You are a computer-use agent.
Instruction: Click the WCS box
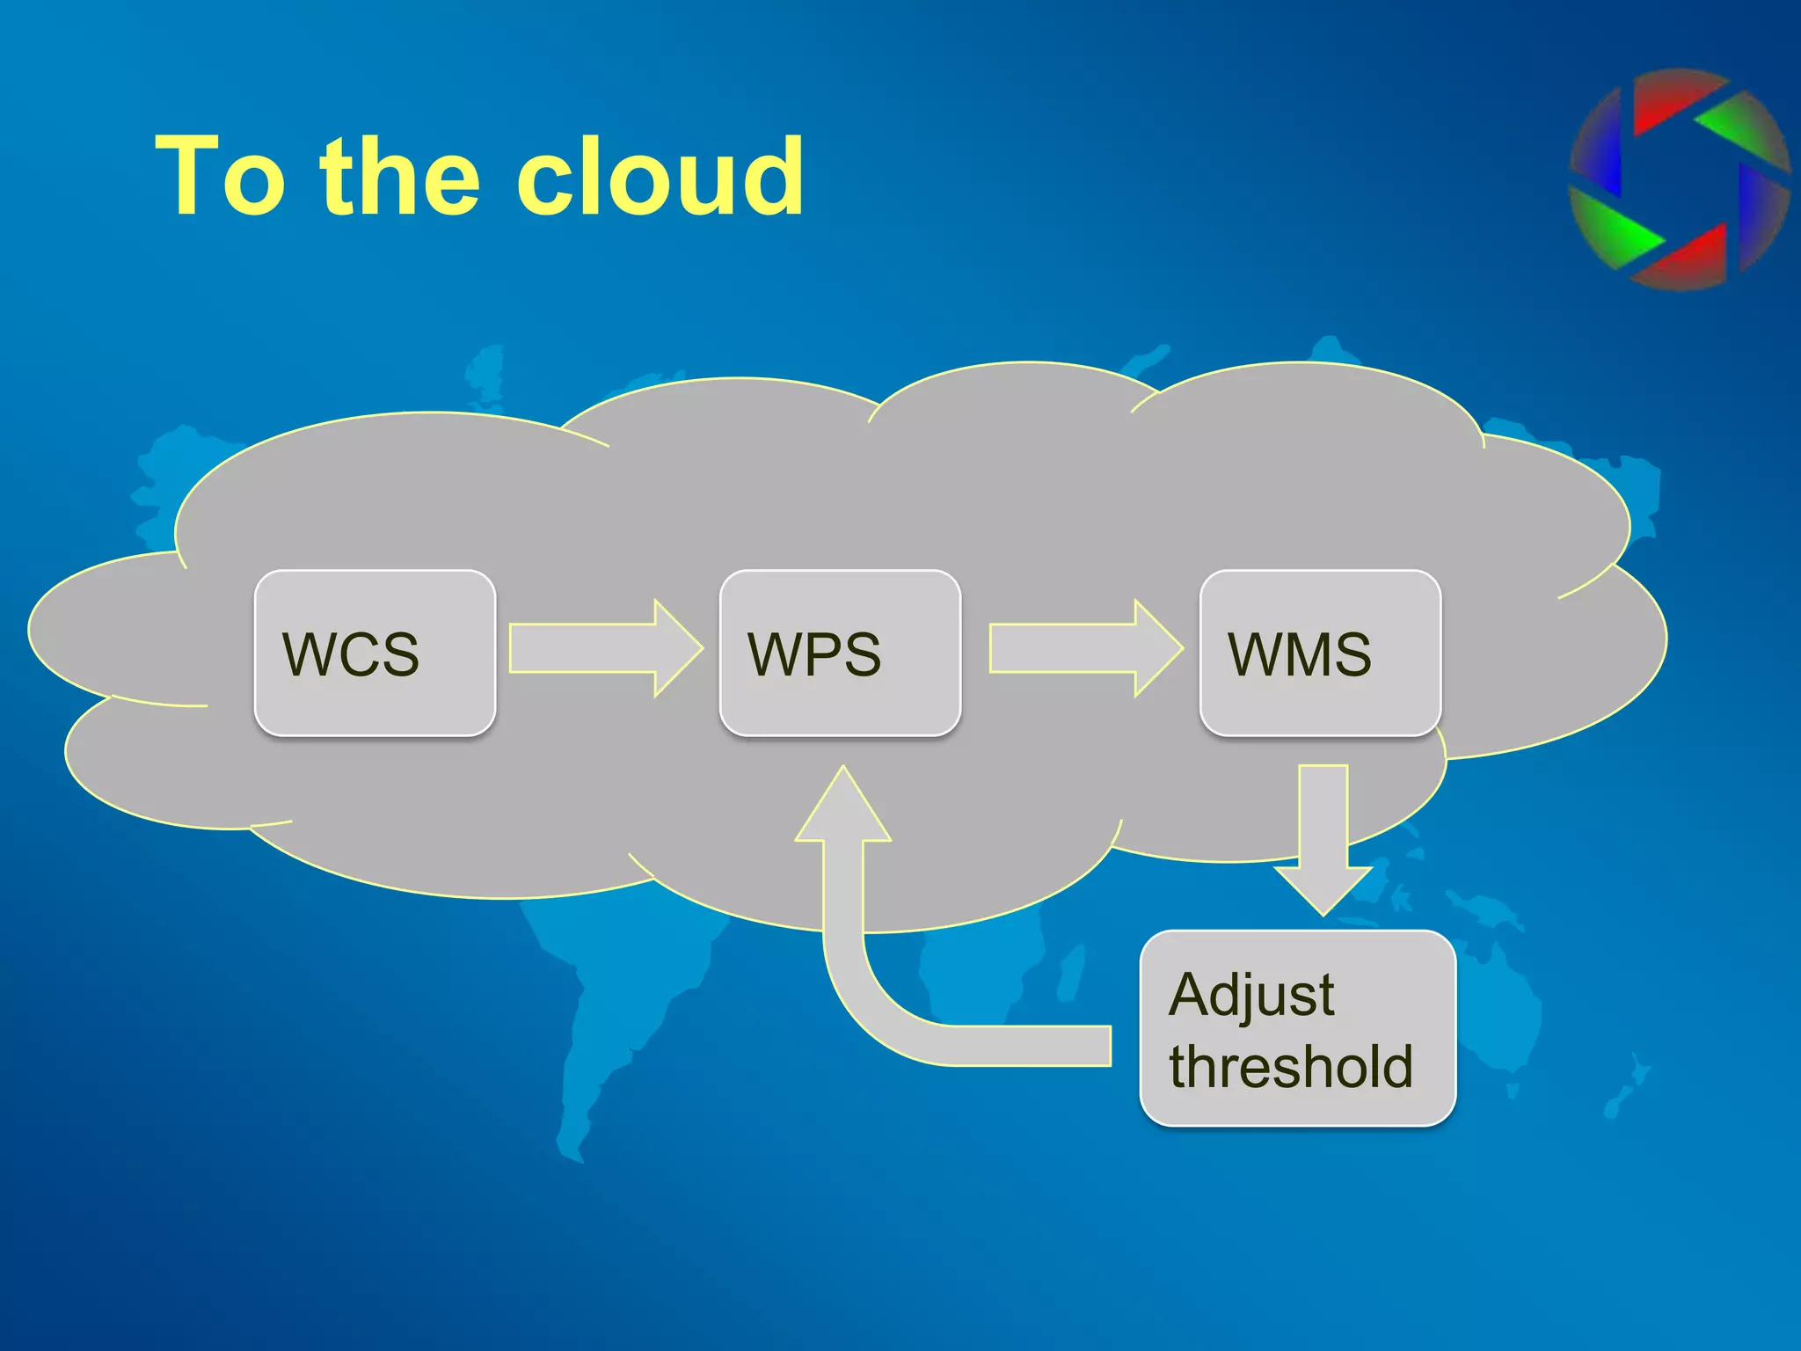(375, 653)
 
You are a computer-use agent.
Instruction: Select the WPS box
(840, 653)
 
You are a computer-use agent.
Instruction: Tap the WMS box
(1319, 653)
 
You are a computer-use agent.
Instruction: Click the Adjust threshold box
(1297, 1027)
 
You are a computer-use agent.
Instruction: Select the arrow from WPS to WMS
(1085, 649)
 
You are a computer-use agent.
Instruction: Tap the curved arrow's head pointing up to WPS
(843, 809)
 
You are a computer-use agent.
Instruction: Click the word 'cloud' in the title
(660, 176)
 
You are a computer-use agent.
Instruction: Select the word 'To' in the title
(220, 176)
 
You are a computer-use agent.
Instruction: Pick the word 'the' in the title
(400, 176)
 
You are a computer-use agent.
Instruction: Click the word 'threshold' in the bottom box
(1290, 1066)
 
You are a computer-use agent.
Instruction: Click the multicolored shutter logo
(1678, 180)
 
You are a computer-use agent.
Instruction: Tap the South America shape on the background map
(616, 1011)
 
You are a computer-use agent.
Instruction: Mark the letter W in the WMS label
(1252, 654)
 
